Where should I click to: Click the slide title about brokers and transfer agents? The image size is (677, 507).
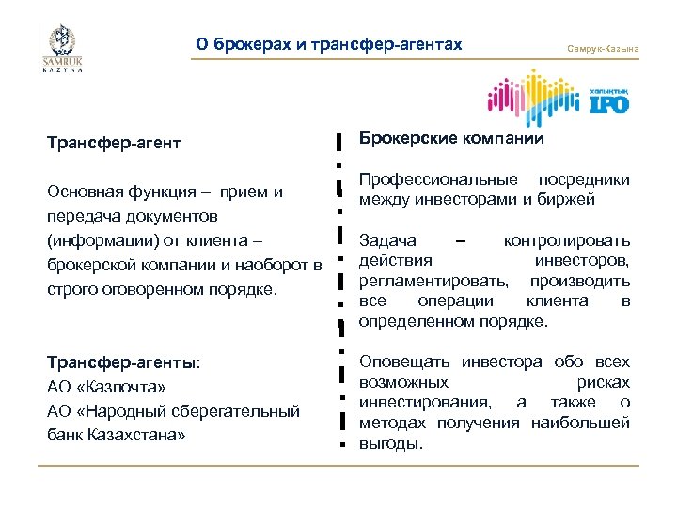329,44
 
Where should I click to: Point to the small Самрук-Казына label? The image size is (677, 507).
603,48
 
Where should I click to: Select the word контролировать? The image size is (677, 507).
566,241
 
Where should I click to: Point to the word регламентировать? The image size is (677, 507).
434,281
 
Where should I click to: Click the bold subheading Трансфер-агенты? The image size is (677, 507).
124,361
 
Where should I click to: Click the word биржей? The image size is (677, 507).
570,199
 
